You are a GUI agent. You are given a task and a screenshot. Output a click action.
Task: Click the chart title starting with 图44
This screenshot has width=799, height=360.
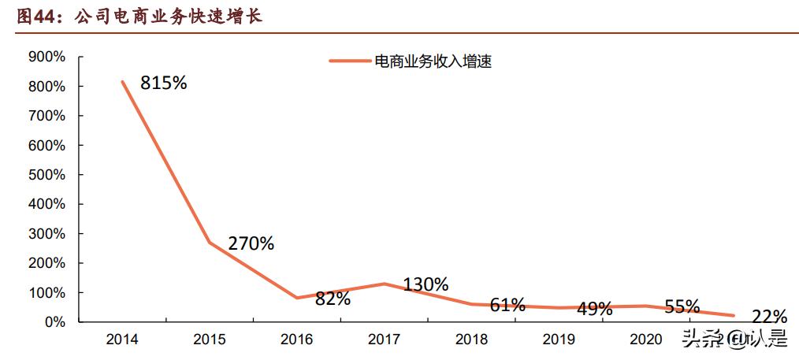(139, 16)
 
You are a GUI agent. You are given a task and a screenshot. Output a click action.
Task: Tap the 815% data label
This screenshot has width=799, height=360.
(163, 83)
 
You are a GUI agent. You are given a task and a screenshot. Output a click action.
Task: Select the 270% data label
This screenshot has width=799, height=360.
(251, 243)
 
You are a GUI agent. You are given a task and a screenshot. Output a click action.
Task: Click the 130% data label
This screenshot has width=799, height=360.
(426, 284)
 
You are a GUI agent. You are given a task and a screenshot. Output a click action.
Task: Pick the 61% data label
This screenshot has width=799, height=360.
(507, 305)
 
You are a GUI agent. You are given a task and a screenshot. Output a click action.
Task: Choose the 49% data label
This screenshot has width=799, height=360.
(593, 309)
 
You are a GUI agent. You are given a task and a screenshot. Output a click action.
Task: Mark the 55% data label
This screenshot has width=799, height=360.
(681, 306)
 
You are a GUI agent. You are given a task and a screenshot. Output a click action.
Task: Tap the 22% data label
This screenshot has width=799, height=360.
(768, 317)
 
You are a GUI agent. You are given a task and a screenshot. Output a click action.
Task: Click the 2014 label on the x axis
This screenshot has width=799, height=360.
(122, 340)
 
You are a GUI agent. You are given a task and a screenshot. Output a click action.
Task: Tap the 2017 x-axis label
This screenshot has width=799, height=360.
(385, 340)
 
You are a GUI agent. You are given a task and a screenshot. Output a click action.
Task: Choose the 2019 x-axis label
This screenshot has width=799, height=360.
(559, 340)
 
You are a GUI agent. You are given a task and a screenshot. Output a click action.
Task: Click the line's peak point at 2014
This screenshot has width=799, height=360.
(123, 81)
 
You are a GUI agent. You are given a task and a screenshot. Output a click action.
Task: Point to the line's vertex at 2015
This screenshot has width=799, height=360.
(210, 242)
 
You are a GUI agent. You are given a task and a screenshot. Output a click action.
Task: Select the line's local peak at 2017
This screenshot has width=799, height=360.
(385, 284)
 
